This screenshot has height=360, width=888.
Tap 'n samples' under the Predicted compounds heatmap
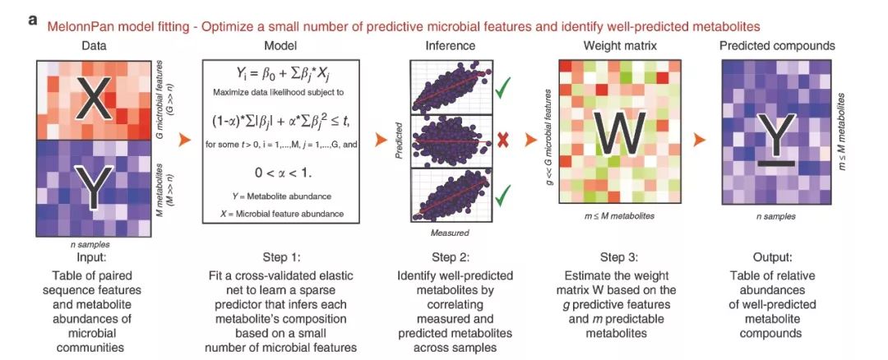click(776, 215)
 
